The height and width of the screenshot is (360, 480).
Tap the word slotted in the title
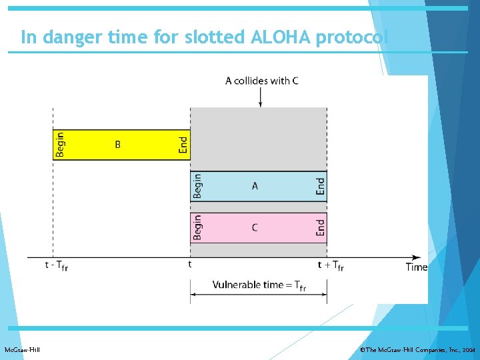pyautogui.click(x=221, y=37)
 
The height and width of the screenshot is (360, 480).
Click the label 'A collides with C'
pyautogui.click(x=261, y=81)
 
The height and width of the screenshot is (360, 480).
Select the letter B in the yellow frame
pyautogui.click(x=118, y=145)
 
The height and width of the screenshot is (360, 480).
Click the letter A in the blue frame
pyautogui.click(x=255, y=187)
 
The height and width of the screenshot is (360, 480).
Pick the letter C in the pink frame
pyautogui.click(x=255, y=228)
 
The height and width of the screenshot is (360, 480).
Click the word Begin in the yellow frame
pyautogui.click(x=61, y=145)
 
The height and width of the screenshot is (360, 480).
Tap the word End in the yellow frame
pyautogui.click(x=183, y=145)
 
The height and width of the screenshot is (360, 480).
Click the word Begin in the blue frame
pyautogui.click(x=197, y=186)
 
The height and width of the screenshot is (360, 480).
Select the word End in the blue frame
pyautogui.click(x=320, y=186)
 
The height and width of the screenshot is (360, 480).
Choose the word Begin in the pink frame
pyautogui.click(x=197, y=227)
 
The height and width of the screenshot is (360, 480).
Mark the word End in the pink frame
pyautogui.click(x=320, y=227)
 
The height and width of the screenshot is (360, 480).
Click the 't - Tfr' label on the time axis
pyautogui.click(x=57, y=265)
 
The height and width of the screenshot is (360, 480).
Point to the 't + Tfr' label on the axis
pyautogui.click(x=331, y=265)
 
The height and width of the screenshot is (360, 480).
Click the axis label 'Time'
pyautogui.click(x=417, y=267)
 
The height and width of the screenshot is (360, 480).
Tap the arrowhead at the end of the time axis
pyautogui.click(x=417, y=257)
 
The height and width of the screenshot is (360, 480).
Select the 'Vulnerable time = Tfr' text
pyautogui.click(x=259, y=285)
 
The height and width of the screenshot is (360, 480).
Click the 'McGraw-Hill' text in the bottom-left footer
pyautogui.click(x=22, y=350)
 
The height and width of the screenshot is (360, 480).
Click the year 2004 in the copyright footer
pyautogui.click(x=469, y=350)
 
